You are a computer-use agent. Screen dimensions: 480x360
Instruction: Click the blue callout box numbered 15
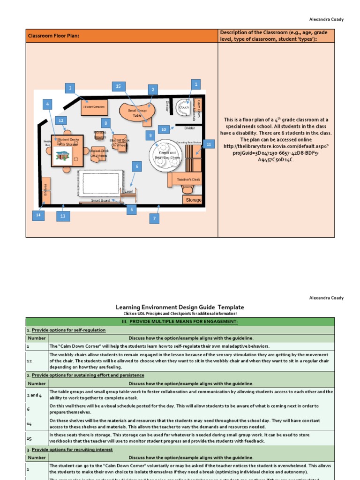(118, 86)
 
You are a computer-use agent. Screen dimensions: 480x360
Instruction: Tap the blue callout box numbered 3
(71, 88)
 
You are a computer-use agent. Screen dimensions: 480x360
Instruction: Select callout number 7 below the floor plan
(155, 218)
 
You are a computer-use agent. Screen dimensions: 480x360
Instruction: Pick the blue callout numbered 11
(209, 144)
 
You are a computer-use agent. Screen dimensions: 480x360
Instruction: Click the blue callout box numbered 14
(38, 215)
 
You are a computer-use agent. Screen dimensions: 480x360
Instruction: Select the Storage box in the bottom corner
(192, 200)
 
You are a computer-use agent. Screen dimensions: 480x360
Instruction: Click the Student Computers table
(94, 107)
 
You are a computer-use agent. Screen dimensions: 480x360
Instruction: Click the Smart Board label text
(100, 200)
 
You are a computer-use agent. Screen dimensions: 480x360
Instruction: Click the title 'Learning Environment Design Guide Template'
(180, 307)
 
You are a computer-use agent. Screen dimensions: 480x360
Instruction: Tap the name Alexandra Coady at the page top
(326, 19)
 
